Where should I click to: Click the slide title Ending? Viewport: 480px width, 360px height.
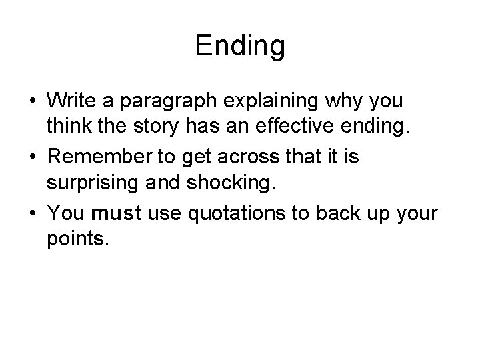click(x=240, y=46)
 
